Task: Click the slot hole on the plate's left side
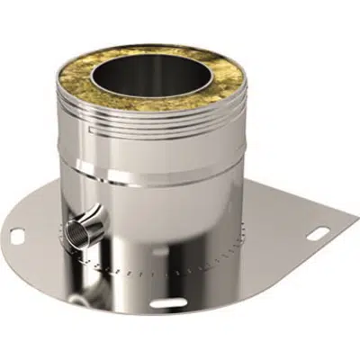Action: tap(18, 236)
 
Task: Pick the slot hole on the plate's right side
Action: tap(315, 238)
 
